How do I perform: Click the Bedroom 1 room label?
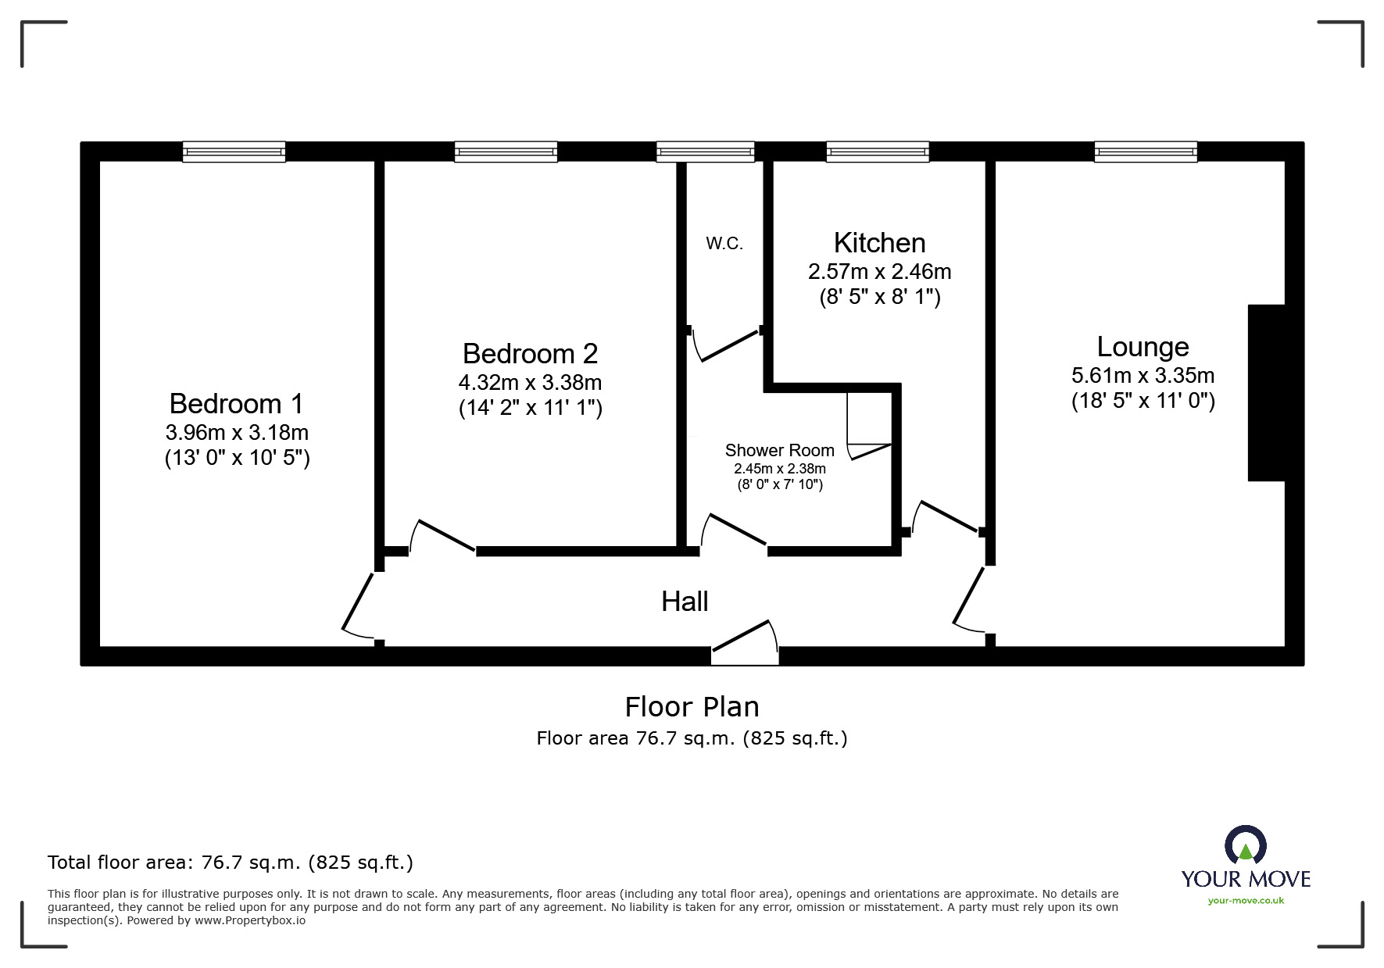click(x=236, y=404)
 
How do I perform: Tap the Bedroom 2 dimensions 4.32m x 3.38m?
click(x=530, y=383)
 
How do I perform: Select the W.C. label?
click(x=724, y=244)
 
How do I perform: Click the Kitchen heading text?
click(x=879, y=243)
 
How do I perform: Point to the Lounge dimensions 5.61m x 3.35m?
click(x=1143, y=376)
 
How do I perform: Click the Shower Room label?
click(x=779, y=451)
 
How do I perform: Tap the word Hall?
click(x=685, y=602)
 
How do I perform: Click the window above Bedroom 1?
click(x=234, y=152)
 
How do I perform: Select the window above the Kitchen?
click(x=878, y=152)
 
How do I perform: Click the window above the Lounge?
click(x=1146, y=152)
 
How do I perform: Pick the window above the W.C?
click(x=706, y=152)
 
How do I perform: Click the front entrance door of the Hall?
click(x=745, y=642)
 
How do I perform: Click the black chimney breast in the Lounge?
click(x=1266, y=392)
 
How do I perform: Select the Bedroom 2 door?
click(x=442, y=535)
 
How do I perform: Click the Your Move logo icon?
click(x=1245, y=846)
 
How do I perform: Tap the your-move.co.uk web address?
click(x=1246, y=901)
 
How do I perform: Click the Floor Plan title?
click(x=692, y=707)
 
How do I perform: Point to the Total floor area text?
click(x=231, y=863)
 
